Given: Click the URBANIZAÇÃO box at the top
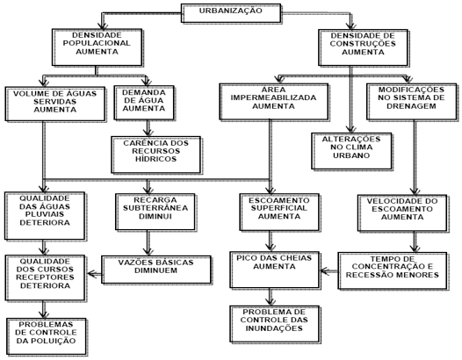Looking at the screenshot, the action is [231, 13].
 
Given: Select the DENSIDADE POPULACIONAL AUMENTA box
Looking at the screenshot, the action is [97, 47].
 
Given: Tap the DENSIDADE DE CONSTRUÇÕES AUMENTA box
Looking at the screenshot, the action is [364, 47].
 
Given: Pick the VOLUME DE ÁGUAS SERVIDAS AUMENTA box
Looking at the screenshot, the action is [55, 104].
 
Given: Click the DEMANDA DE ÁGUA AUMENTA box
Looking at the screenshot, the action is [144, 103].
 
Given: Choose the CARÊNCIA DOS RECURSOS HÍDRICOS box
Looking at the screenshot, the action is [155, 155].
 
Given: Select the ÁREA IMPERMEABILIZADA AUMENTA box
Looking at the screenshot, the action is [274, 102].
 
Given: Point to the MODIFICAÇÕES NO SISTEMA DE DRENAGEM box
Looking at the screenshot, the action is [412, 102].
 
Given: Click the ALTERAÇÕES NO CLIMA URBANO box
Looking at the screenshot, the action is [352, 151].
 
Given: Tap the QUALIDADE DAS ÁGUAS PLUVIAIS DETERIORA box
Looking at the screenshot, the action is [45, 216].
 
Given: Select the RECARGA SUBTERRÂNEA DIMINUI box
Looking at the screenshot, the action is [155, 212].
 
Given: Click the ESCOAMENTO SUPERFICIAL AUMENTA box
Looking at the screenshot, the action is [279, 212].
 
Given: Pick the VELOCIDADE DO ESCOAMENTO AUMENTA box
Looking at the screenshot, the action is [402, 213].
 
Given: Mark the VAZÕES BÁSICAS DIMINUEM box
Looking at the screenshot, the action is [156, 270].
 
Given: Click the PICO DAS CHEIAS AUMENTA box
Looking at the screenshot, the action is [275, 270].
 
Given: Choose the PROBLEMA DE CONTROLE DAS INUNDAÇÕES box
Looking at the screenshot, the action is [275, 324].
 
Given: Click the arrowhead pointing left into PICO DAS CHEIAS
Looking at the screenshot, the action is [324, 270].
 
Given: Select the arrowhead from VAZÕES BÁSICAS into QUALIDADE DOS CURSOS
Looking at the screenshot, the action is [91, 274].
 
